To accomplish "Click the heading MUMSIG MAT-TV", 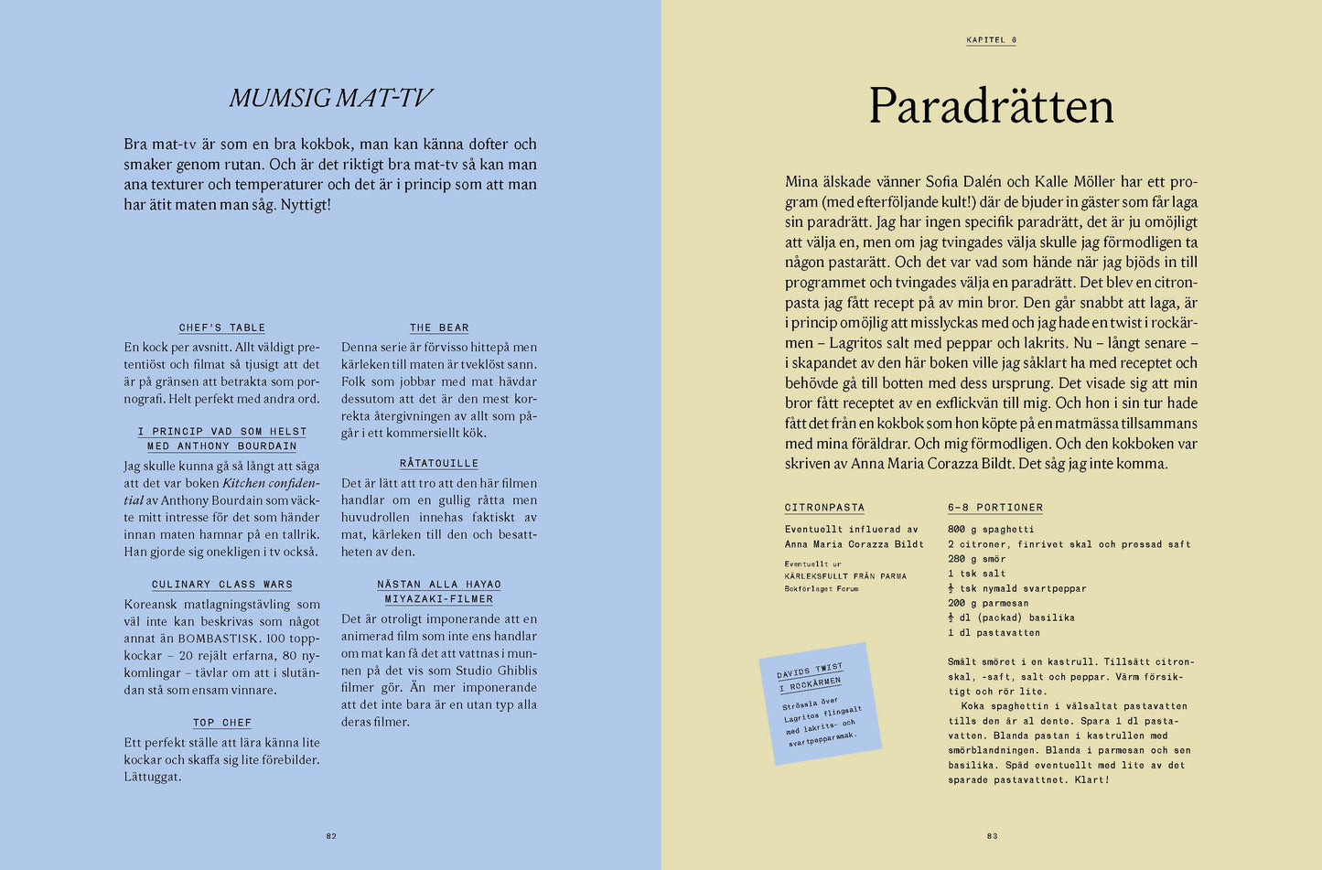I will pos(330,98).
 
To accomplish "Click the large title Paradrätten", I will pos(991,106).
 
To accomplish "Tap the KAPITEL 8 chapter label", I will pos(991,40).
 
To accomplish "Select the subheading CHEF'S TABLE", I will pos(222,328).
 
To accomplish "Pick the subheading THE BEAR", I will pos(439,328).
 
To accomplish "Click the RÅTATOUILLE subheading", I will pos(439,464).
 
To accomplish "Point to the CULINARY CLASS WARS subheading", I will pos(222,585).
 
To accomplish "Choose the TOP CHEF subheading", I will pos(222,723).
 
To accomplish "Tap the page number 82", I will pos(331,836).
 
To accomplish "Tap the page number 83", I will pos(992,836).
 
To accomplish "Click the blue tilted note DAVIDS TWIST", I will pos(820,703).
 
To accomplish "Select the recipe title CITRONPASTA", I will pos(824,508).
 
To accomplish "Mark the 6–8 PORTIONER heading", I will pos(995,508).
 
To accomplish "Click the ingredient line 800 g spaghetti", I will pos(991,530).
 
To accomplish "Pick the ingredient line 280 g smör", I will pos(976,559).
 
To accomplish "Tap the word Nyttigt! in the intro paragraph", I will pos(305,205).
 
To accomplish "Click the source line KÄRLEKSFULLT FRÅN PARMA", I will pos(845,576).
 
